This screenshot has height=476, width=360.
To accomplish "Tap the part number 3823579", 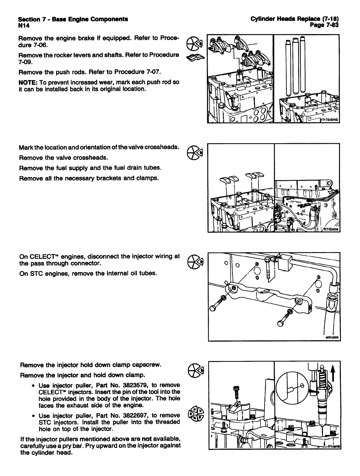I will (x=127, y=386).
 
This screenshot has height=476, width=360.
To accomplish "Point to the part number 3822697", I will (x=127, y=415).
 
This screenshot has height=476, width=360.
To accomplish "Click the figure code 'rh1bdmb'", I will (x=329, y=120).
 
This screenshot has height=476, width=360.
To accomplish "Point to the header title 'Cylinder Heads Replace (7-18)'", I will (x=294, y=19).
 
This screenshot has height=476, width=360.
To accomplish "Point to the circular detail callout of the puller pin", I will (x=292, y=386).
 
